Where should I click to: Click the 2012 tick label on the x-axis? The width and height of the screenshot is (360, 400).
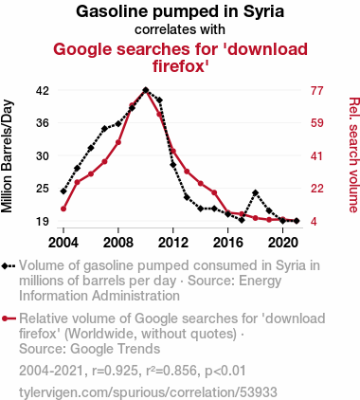tap(173, 243)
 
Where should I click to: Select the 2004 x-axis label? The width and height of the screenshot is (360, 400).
tap(63, 243)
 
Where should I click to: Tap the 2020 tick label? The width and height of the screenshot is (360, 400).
tap(282, 243)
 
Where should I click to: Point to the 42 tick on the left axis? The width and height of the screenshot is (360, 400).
tap(43, 91)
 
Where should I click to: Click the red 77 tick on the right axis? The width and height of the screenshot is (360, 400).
tap(317, 91)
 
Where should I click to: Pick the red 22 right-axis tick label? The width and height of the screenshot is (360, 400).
tap(317, 189)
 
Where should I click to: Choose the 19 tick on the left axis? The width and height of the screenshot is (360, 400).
tap(43, 221)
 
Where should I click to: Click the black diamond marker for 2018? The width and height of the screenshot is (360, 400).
tap(256, 192)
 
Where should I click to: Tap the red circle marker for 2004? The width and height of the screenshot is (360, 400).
tap(63, 209)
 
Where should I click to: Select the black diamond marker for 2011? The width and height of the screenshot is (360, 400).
tap(159, 100)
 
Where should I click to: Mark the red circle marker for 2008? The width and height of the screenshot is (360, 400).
tap(118, 142)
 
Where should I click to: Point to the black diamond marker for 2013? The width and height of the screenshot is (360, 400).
tap(187, 197)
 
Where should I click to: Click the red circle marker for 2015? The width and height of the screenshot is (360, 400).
tap(214, 192)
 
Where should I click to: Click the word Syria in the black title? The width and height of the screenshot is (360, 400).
tap(263, 12)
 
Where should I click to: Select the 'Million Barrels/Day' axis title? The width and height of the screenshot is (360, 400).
tap(7, 156)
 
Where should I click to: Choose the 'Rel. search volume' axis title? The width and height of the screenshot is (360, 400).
tap(353, 155)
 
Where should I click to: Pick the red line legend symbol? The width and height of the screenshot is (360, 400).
tap(9, 318)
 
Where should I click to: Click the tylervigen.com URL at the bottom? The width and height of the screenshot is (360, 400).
tap(148, 392)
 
